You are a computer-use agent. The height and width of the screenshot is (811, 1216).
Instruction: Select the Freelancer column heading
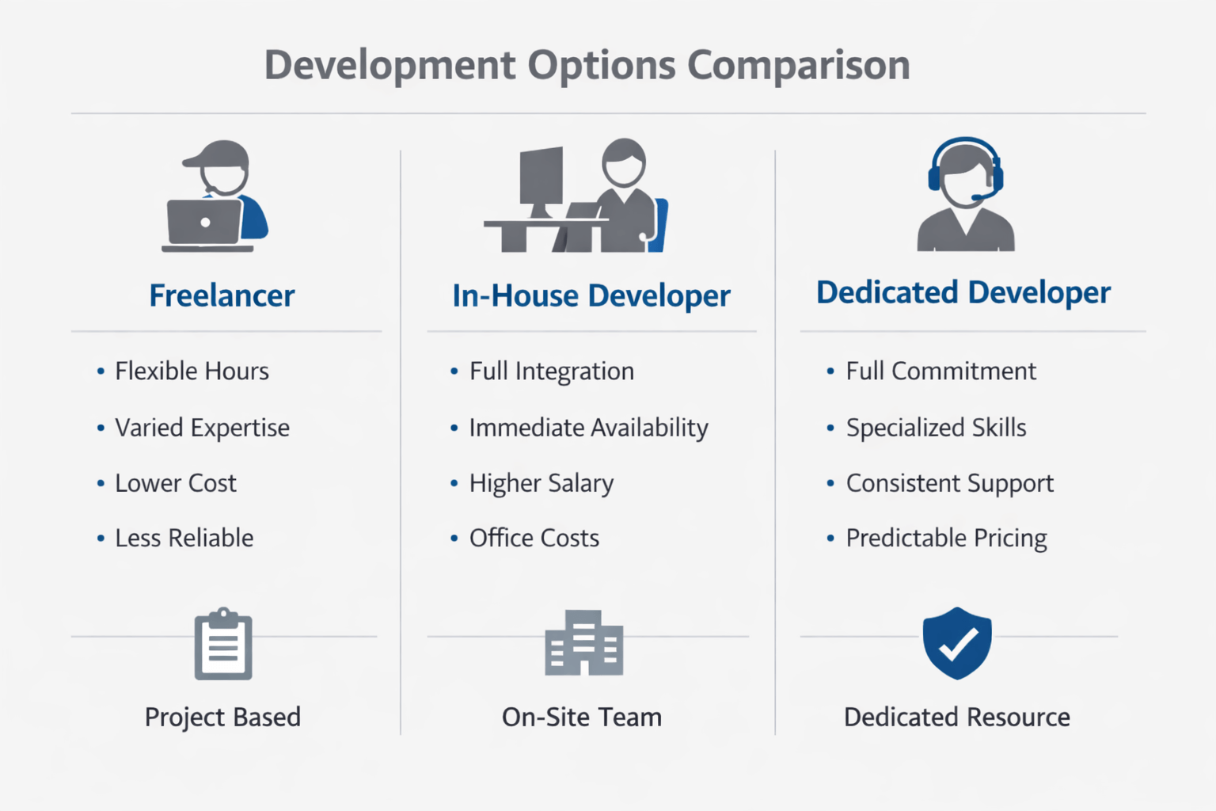pos(222,295)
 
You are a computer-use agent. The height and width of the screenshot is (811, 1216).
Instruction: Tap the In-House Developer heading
pos(591,295)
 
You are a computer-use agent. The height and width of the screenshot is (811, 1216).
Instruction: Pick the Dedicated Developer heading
pos(963,292)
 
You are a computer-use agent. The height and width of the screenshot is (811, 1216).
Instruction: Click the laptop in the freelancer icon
pos(205,223)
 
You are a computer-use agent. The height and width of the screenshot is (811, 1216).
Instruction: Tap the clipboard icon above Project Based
pos(223,645)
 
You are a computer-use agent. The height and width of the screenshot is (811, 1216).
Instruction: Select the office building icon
pos(583,643)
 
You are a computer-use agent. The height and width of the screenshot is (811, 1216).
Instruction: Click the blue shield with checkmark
pos(956,642)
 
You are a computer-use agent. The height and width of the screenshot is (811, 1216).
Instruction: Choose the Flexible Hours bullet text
pos(192,371)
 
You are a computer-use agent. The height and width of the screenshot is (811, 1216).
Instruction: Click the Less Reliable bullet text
pos(184,538)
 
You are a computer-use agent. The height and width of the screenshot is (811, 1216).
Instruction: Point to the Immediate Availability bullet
pos(588,428)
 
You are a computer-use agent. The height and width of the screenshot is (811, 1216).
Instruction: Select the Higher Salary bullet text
pos(541,483)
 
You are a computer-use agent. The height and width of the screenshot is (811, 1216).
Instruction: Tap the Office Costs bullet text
pos(534,538)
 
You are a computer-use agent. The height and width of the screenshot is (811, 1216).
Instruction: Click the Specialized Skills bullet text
pos(936,428)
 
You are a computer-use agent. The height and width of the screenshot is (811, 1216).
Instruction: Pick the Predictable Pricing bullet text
pos(946,538)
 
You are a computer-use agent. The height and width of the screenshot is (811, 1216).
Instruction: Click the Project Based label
pos(222,717)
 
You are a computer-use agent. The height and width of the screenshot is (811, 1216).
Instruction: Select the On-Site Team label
pos(582,717)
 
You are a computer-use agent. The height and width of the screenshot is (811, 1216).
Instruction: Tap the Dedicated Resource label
pos(956,717)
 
